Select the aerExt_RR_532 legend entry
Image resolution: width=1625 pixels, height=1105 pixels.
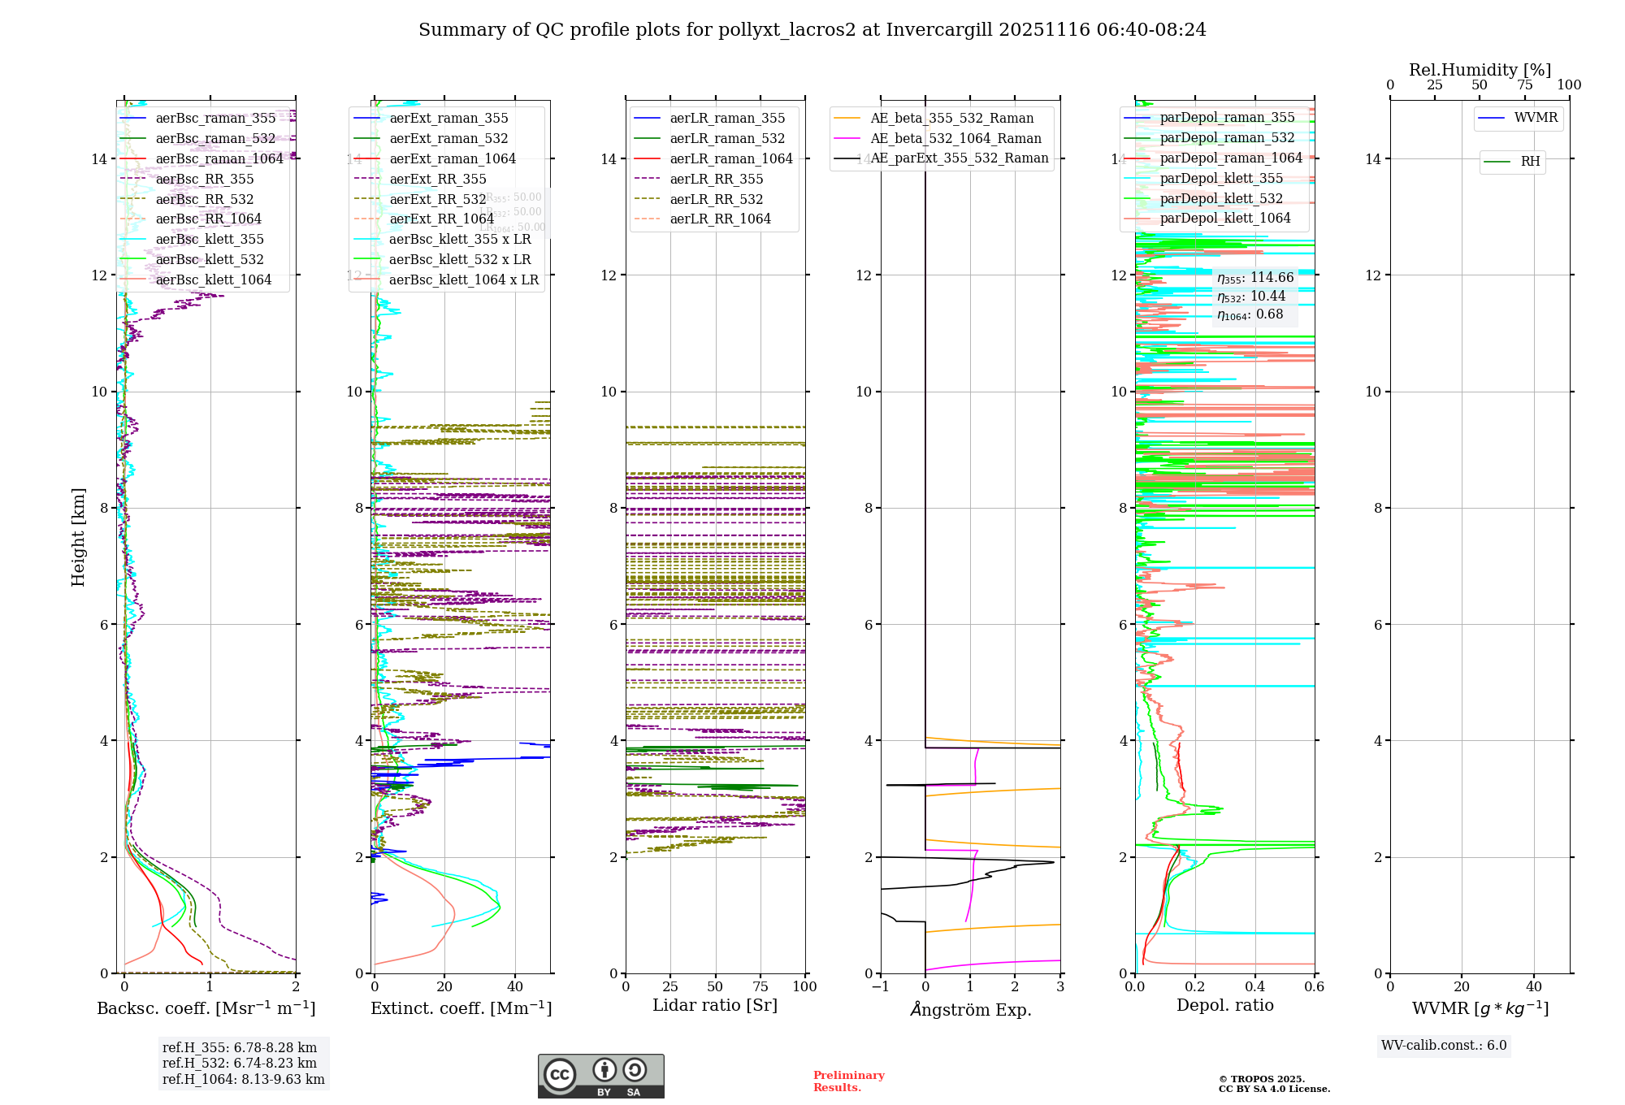click(438, 199)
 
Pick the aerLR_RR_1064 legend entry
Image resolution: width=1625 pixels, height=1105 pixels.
click(720, 219)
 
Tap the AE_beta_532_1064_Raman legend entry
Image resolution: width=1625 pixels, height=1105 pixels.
click(955, 138)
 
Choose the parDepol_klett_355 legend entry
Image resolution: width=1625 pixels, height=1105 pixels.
click(1221, 178)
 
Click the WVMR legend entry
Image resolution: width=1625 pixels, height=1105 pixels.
click(1536, 118)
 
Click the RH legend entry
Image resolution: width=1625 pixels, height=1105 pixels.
click(1530, 162)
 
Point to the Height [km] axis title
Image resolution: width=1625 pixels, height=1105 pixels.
click(78, 536)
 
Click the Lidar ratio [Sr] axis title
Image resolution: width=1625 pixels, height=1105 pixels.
click(715, 1005)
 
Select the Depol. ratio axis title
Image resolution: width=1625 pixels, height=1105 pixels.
click(1224, 1005)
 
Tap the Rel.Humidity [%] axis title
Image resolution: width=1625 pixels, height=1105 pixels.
click(1480, 70)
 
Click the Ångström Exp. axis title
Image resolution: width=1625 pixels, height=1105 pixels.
click(970, 1009)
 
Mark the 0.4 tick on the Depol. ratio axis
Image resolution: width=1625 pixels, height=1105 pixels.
click(1254, 986)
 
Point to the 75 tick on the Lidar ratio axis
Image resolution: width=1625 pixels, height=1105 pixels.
click(760, 986)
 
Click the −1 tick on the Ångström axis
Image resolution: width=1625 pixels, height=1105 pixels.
click(881, 986)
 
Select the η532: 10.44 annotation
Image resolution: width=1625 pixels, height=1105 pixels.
click(1251, 297)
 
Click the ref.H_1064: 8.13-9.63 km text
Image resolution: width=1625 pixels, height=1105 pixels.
click(243, 1080)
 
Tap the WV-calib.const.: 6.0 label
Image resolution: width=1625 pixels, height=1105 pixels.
click(1444, 1046)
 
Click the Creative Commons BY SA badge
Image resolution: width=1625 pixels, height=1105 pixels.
click(600, 1076)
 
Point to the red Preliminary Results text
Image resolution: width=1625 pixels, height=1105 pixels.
click(848, 1081)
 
